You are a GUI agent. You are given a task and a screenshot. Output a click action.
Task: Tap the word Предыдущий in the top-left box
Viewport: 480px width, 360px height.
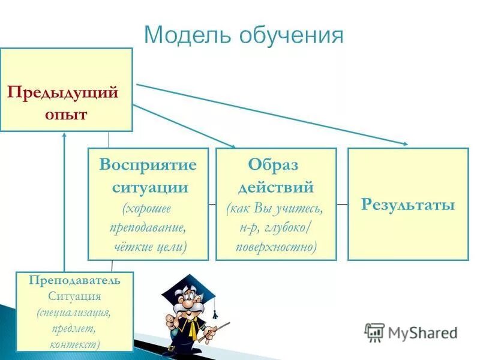[62, 93]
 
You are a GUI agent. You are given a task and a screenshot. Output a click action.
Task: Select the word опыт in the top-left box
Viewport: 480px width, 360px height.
[66, 114]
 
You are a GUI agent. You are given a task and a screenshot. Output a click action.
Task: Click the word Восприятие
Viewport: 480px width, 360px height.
[148, 164]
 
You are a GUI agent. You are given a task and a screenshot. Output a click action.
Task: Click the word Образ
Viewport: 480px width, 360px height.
[273, 164]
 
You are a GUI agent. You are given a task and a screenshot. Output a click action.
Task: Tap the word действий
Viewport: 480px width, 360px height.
[276, 187]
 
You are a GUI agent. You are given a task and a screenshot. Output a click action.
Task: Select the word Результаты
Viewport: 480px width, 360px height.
[408, 205]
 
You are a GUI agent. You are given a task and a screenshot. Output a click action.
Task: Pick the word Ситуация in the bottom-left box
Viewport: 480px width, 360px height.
[74, 296]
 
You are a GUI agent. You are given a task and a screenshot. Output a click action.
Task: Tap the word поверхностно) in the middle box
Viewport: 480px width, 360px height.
[276, 247]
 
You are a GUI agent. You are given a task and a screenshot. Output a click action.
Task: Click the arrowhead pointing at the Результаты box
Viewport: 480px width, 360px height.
[404, 143]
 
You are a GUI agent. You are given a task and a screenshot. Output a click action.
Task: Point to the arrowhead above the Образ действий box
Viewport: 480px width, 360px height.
[232, 145]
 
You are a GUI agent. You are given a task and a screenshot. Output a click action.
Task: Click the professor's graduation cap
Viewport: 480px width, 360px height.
[188, 286]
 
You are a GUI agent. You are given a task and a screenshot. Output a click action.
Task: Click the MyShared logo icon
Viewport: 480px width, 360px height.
[374, 332]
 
